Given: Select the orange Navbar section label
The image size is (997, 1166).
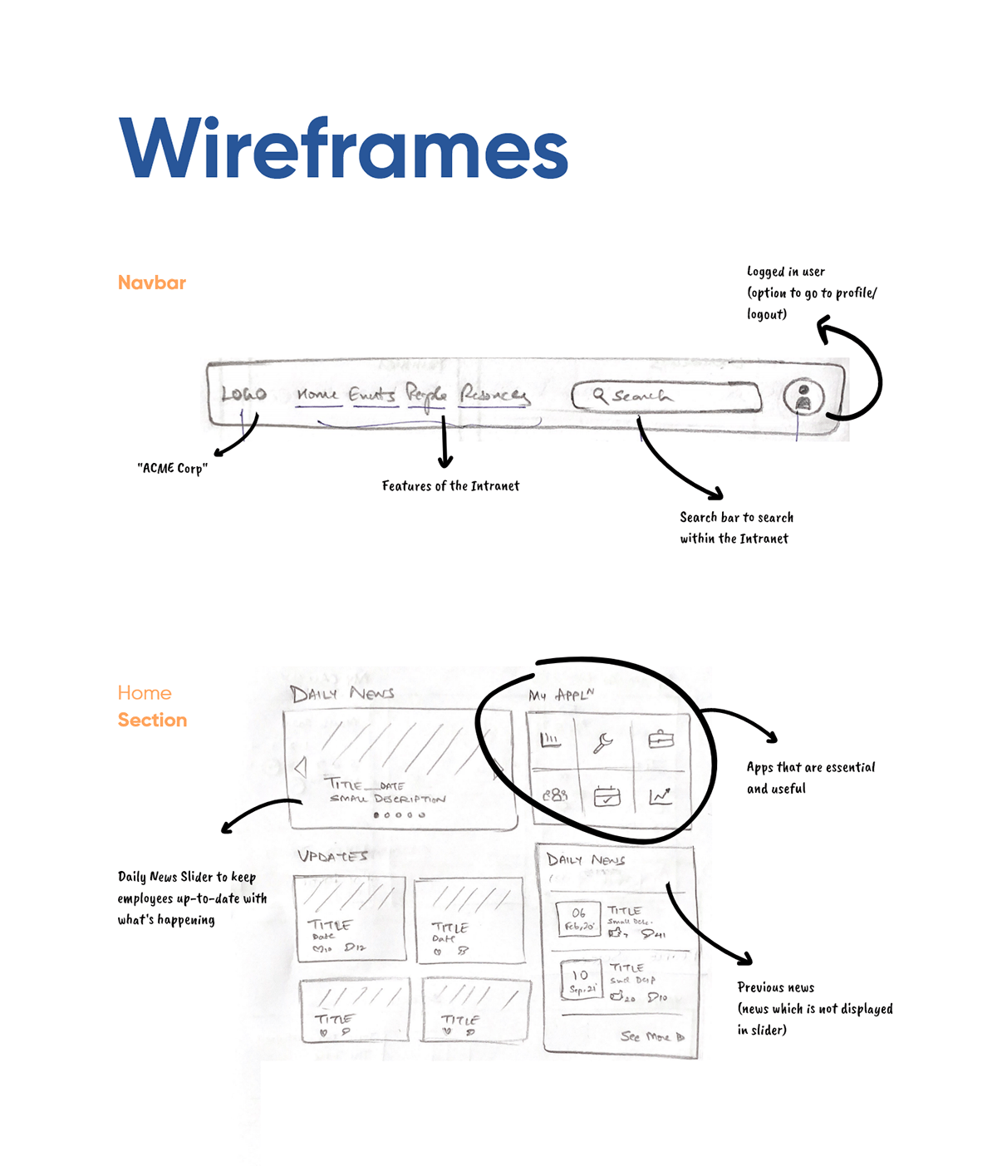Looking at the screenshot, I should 152,283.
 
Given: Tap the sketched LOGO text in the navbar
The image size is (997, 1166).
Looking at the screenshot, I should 243,394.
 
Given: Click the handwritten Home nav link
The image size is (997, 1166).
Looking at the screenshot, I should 317,394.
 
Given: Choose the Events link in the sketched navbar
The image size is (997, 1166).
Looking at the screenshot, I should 371,394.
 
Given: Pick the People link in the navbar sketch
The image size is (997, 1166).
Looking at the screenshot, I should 426,396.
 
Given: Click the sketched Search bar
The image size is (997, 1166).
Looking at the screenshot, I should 666,396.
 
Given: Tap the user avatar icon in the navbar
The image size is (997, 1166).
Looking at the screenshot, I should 803,396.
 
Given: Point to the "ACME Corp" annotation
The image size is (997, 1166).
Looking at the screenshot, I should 172,469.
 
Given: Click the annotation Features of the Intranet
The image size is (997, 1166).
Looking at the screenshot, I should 450,486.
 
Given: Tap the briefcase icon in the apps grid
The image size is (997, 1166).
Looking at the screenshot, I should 661,739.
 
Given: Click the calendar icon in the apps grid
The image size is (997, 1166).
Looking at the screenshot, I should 607,796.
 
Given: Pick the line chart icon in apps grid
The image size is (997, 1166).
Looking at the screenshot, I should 661,796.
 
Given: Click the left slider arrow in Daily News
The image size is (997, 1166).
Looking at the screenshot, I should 301,766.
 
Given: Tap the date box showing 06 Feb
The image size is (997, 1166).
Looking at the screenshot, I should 578,918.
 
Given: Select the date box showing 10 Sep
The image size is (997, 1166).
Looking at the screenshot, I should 581,980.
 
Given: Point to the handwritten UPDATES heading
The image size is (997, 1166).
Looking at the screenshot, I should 332,856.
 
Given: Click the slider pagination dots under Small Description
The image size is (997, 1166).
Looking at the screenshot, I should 400,815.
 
